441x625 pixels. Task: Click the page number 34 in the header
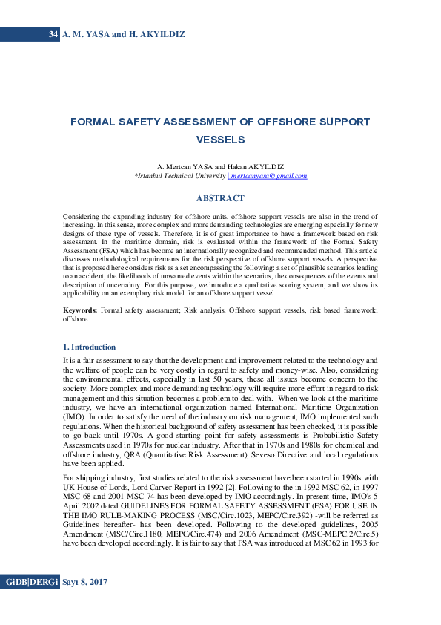click(53, 34)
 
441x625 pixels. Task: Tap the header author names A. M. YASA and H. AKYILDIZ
click(124, 34)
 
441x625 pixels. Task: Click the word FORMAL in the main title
click(96, 122)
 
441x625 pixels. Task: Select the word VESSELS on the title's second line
click(220, 140)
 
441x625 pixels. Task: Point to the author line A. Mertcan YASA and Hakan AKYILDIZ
click(220, 167)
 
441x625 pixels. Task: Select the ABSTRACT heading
click(220, 198)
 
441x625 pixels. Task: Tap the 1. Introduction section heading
click(89, 347)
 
